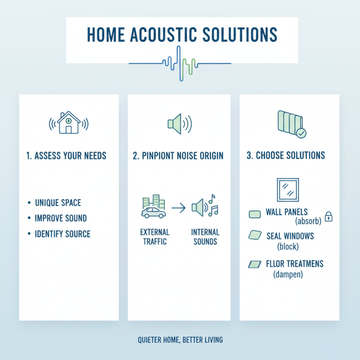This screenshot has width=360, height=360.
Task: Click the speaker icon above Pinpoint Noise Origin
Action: [x=179, y=123]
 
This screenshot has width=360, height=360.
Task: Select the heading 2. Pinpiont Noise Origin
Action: [x=179, y=156]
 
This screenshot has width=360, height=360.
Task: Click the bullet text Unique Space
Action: [x=58, y=203]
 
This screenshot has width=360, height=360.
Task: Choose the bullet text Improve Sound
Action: [x=61, y=218]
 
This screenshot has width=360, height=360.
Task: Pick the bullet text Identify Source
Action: [x=63, y=234]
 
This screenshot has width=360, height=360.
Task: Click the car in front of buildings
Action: [x=153, y=212]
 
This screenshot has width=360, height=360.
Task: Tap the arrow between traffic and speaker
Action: [x=179, y=208]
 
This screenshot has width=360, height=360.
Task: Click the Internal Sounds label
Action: [x=205, y=237]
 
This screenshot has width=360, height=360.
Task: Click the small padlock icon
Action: [x=329, y=217]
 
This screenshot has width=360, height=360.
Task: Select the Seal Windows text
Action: [x=290, y=236]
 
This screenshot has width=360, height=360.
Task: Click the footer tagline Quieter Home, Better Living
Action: [x=180, y=340]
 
